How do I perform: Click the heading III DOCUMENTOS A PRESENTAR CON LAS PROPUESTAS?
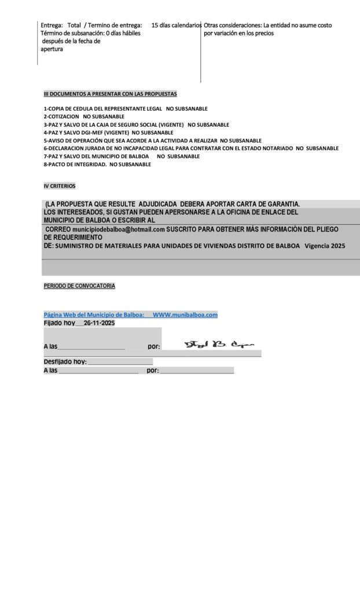pos(110,94)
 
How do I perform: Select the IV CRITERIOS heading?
pos(60,186)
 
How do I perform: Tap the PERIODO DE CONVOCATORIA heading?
pos(79,286)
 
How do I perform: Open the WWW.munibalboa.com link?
pos(185,314)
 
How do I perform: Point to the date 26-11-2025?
pos(99,323)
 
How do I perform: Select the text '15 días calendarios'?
pos(177,25)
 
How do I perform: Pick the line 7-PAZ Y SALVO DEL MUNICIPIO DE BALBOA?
pos(95,156)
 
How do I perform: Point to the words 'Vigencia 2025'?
pos(325,246)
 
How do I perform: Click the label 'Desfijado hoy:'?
pos(65,361)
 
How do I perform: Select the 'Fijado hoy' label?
pos(59,323)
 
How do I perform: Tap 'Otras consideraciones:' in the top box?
pos(232,25)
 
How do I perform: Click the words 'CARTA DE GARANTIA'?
pos(265,204)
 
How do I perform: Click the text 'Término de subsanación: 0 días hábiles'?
pos(90,34)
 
